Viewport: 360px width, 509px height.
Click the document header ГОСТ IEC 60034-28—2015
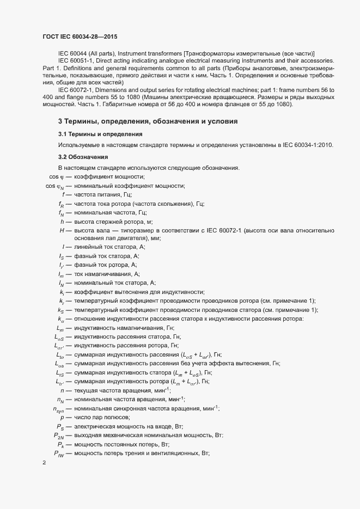point(79,36)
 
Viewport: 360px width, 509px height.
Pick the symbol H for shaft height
point(62,231)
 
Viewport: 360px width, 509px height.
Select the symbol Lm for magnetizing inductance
point(60,328)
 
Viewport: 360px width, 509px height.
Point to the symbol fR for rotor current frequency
point(61,204)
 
